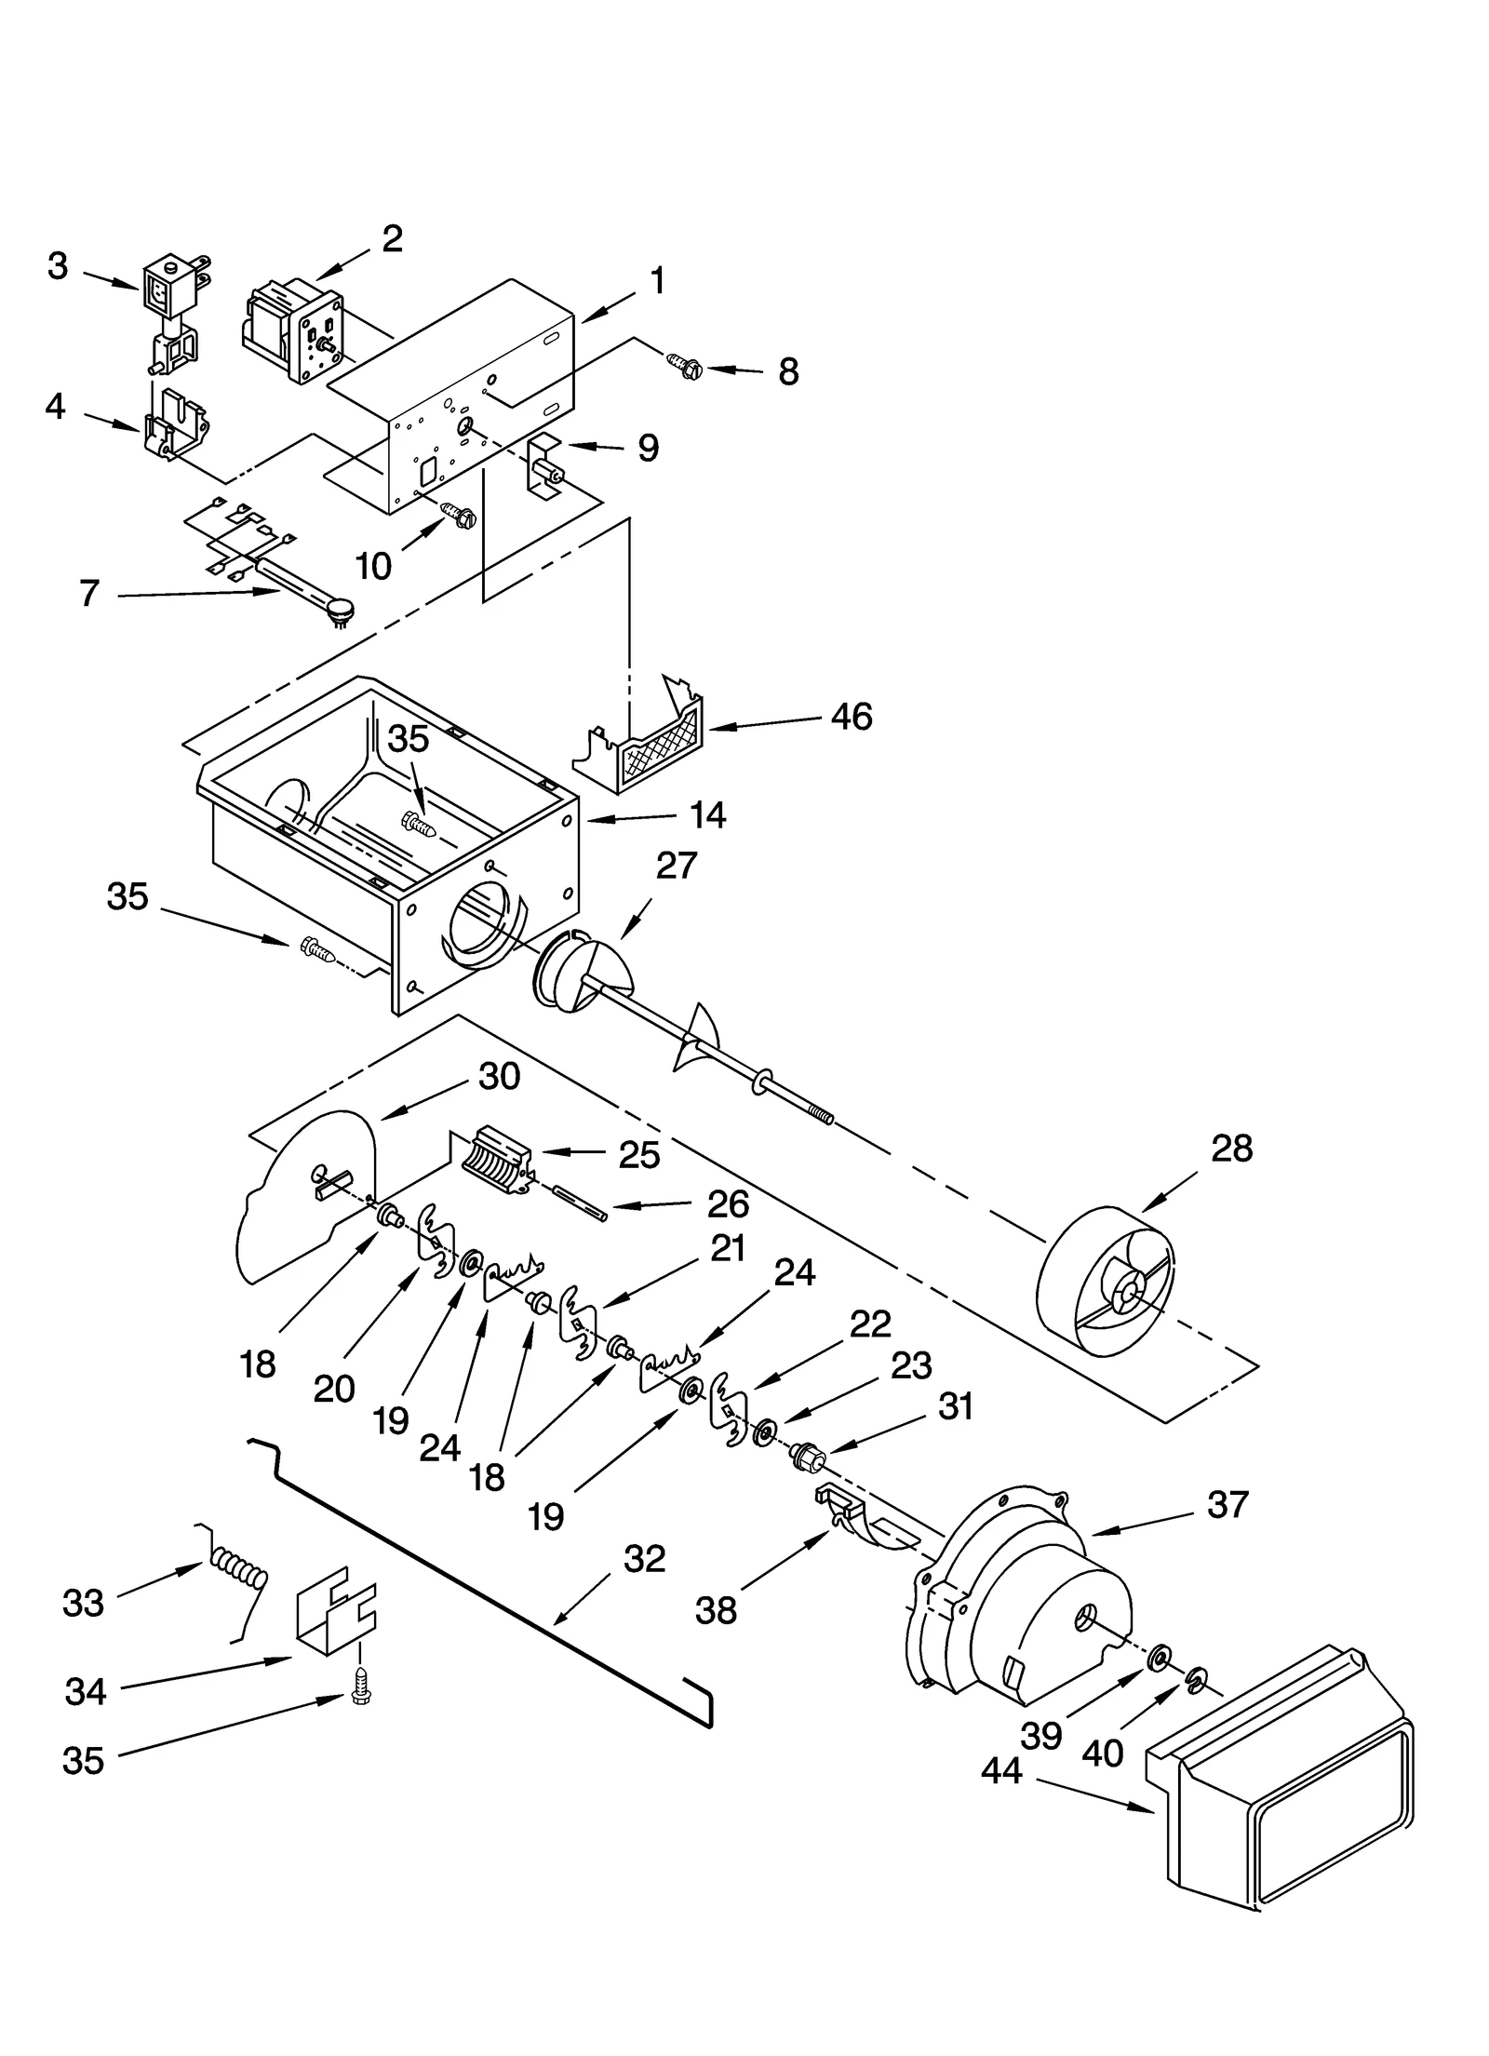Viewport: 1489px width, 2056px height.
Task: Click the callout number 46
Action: pos(852,717)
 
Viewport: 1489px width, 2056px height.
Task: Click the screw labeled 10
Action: pos(461,513)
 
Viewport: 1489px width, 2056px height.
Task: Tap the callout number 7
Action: pos(89,594)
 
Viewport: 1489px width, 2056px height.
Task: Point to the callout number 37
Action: pos(1227,1505)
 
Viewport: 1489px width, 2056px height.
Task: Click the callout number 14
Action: pos(707,815)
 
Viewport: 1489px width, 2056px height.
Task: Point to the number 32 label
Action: pos(645,1558)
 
